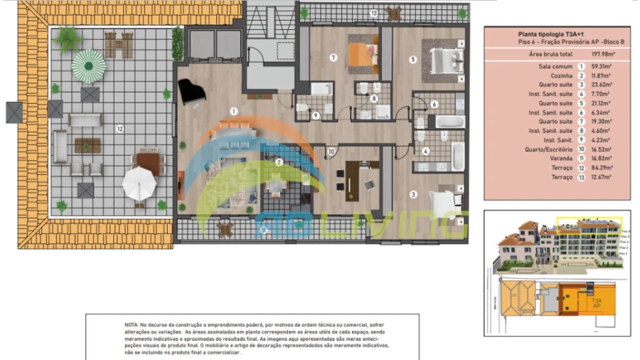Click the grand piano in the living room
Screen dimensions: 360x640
point(191,92)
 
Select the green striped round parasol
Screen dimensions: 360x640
point(89,66)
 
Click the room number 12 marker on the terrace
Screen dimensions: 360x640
point(120,129)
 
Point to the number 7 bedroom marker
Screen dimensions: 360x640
point(332,57)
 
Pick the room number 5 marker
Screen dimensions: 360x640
point(412,60)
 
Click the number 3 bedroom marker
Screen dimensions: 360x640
point(412,194)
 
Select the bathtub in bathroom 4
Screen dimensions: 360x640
point(457,155)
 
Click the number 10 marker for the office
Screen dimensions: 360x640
point(331,151)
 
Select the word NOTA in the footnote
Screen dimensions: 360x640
point(132,324)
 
